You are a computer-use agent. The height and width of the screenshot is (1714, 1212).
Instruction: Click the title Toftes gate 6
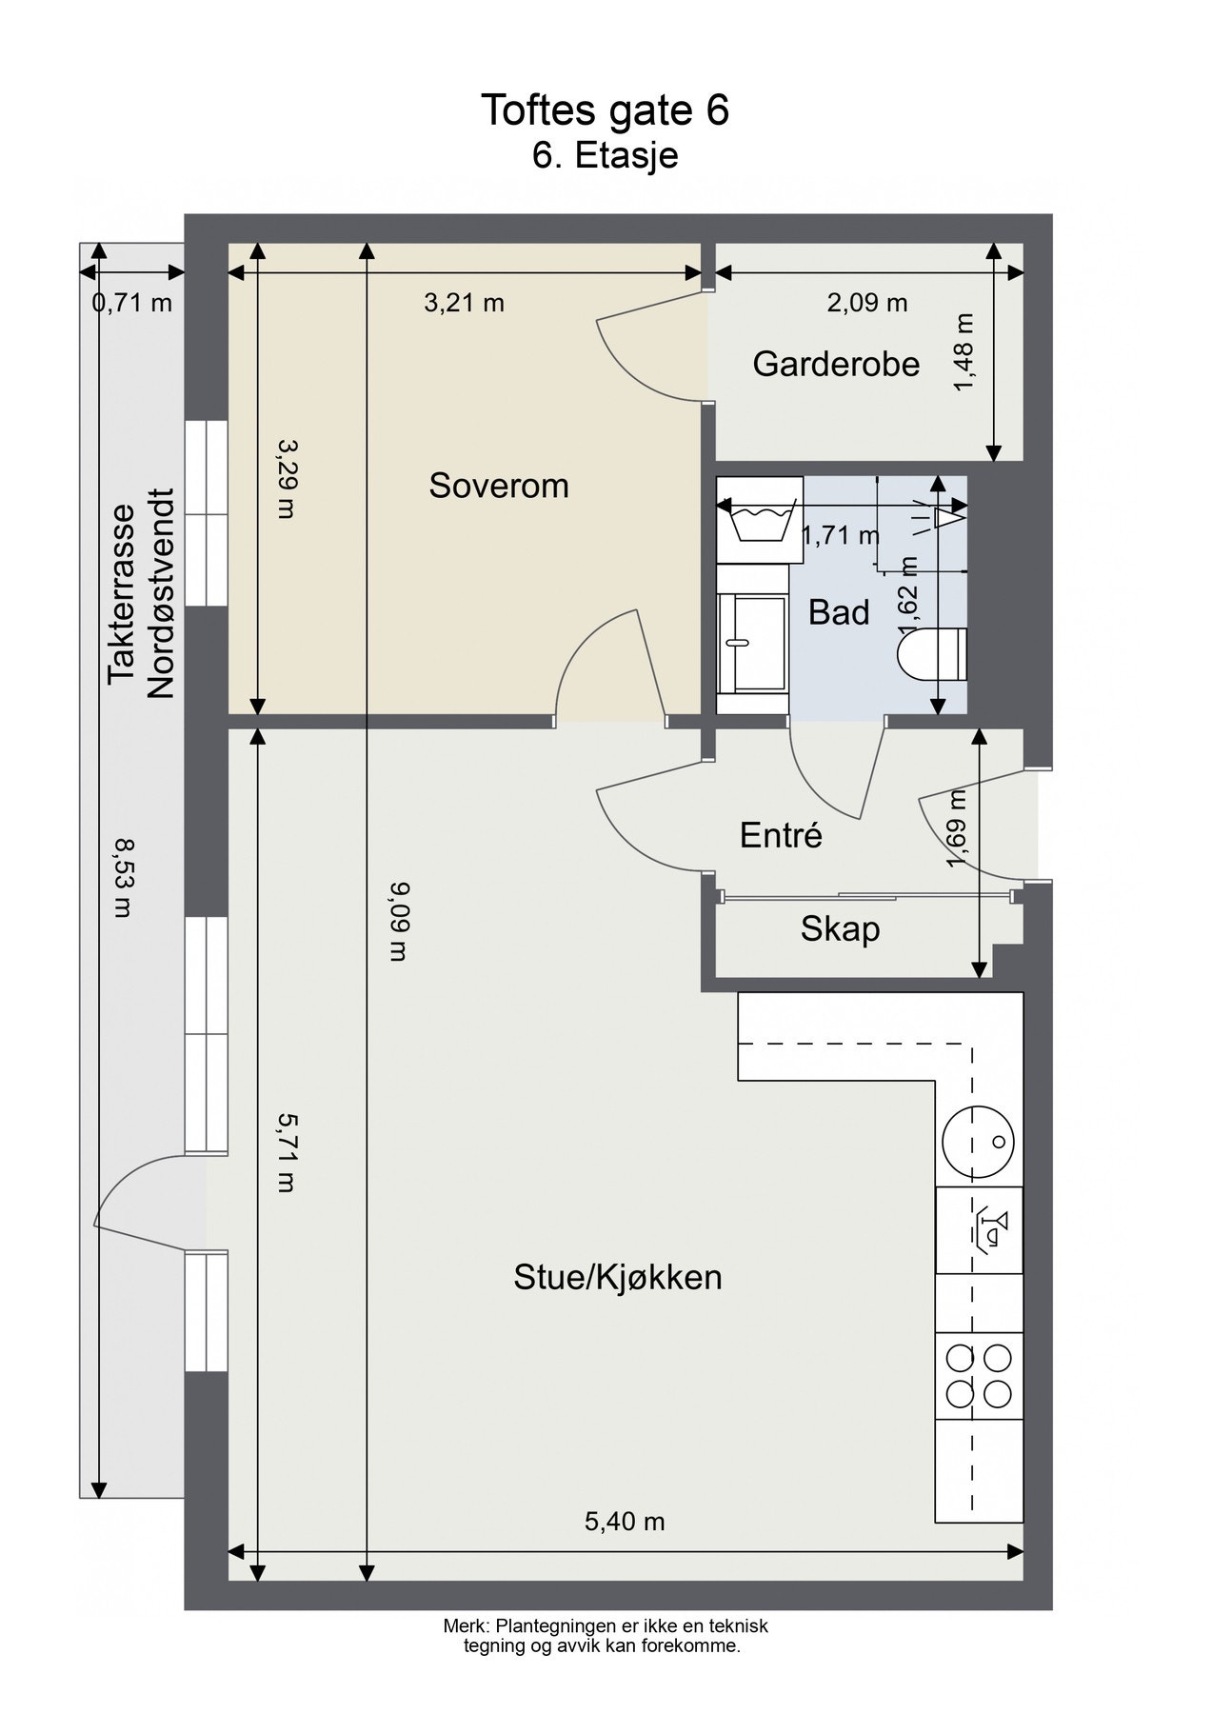[x=605, y=110]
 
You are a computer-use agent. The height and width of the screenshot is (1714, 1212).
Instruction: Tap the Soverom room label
[x=499, y=486]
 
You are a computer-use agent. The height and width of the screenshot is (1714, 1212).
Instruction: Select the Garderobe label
[x=836, y=364]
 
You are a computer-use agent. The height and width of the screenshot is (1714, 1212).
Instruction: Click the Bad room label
[x=839, y=612]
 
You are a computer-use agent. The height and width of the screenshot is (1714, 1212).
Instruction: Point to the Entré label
[x=781, y=835]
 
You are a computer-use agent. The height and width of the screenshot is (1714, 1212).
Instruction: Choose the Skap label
[x=840, y=928]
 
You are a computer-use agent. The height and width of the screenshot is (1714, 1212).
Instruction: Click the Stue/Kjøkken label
[x=618, y=1277]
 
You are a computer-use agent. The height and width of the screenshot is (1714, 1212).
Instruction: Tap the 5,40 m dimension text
[x=625, y=1522]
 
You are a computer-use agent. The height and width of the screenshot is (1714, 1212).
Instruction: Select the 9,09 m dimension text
[x=399, y=922]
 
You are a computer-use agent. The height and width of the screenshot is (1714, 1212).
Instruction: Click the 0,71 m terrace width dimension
[x=132, y=304]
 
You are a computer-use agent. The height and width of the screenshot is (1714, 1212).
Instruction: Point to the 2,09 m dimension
[x=867, y=303]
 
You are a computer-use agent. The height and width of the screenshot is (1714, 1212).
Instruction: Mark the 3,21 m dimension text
[x=464, y=303]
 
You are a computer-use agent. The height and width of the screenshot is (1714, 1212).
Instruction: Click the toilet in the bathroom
[x=933, y=655]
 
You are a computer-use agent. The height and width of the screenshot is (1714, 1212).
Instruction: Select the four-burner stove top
[x=979, y=1377]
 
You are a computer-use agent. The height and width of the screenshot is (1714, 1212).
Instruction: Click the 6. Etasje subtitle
[x=606, y=155]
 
